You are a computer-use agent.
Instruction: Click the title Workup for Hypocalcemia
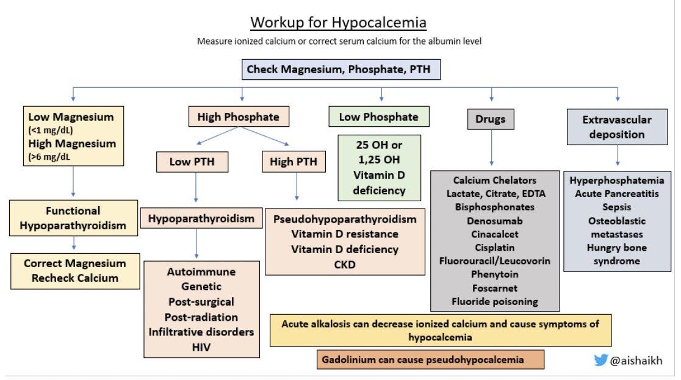point(338,22)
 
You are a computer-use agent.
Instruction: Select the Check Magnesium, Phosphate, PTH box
point(341,70)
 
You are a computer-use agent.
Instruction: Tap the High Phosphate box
point(239,117)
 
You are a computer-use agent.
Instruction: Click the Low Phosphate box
point(379,117)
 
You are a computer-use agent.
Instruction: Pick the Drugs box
point(491,119)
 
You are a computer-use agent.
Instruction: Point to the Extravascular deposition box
point(617,127)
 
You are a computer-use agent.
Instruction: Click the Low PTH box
point(192,162)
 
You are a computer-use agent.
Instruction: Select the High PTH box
point(294,162)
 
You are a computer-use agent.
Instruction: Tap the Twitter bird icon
point(600,360)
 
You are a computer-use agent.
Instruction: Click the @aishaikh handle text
point(636,360)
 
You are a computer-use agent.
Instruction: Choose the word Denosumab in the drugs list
point(495,221)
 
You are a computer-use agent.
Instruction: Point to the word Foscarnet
point(495,288)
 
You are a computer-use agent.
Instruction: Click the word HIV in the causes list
point(201,347)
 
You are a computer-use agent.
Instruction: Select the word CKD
point(345,265)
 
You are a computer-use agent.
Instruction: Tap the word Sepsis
point(617,207)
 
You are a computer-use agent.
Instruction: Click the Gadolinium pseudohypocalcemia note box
point(430,360)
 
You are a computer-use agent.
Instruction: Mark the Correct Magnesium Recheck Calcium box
point(75,271)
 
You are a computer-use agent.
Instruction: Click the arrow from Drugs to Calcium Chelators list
point(492,148)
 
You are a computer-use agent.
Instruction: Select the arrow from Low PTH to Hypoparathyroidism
point(196,187)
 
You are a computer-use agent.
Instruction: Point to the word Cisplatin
point(495,248)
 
